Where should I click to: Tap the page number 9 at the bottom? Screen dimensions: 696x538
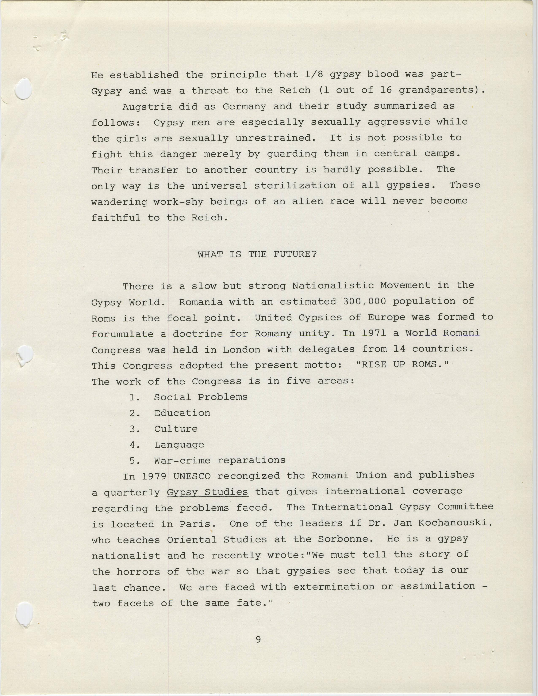[258, 639]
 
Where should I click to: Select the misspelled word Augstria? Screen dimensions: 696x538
[147, 107]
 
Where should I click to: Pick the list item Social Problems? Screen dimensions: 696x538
[201, 397]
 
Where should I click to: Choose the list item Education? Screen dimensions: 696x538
[182, 413]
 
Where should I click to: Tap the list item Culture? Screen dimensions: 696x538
[176, 429]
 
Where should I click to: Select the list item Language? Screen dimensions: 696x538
[179, 445]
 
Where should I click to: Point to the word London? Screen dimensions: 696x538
[241, 349]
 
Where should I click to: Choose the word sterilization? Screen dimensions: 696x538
[295, 185]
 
